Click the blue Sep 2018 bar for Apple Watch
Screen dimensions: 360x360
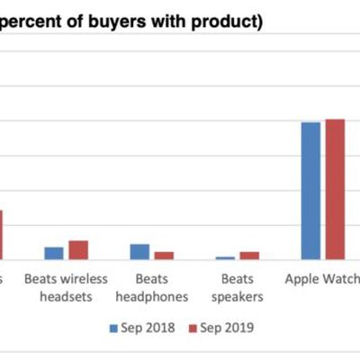coord(310,191)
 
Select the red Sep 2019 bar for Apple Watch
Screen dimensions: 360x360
coord(335,189)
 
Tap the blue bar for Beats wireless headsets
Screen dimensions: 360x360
coord(54,253)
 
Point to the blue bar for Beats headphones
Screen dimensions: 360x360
coord(139,251)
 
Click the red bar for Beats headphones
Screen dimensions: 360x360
coord(163,256)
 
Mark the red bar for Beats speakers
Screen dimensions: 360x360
coord(248,256)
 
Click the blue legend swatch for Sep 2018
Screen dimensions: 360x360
coord(113,327)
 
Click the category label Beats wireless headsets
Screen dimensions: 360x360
coord(66,287)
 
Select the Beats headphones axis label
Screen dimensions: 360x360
coord(151,287)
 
